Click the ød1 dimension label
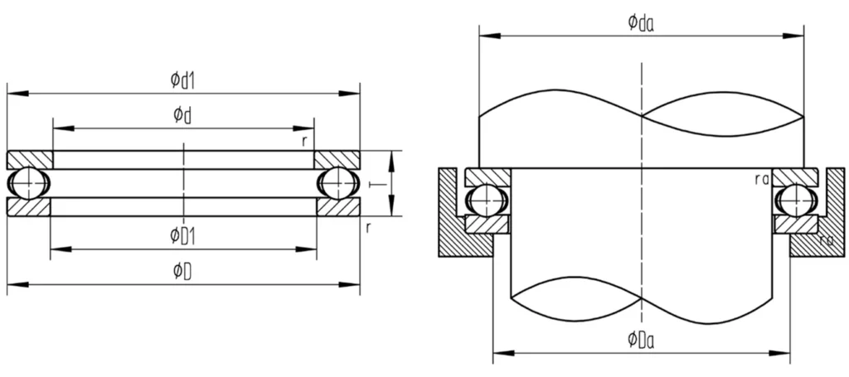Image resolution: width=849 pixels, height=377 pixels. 182,80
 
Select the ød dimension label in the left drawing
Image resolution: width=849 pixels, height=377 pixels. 182,115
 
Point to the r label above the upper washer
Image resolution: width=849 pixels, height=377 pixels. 305,141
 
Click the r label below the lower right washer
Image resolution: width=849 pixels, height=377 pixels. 368,225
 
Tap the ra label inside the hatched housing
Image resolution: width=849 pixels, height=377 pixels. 825,240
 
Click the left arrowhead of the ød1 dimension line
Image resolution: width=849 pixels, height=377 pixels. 12,93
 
